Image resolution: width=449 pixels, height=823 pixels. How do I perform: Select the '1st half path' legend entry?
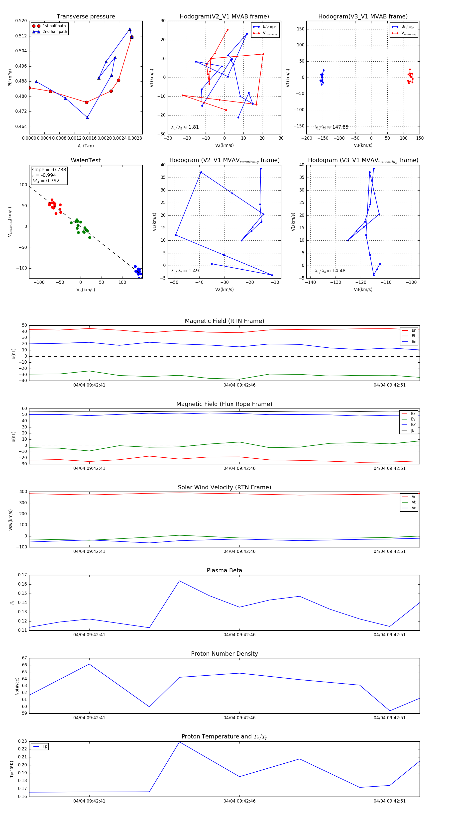(x=54, y=26)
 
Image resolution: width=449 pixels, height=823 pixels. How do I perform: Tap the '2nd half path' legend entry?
(x=54, y=32)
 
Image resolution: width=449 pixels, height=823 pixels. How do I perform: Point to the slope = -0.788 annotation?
(x=49, y=170)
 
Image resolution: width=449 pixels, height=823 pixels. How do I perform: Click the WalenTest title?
(x=86, y=160)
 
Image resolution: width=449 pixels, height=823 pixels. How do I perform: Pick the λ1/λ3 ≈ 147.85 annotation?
(x=332, y=127)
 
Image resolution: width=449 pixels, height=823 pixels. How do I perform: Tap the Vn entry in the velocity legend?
(x=414, y=508)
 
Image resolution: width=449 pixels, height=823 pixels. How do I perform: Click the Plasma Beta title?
(x=224, y=570)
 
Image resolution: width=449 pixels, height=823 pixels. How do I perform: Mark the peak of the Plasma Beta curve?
(x=179, y=581)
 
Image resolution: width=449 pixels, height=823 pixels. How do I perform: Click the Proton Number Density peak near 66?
(x=89, y=664)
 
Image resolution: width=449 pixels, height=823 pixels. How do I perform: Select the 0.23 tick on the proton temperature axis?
(x=22, y=741)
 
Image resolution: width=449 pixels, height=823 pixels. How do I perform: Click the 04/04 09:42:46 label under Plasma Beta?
(x=239, y=634)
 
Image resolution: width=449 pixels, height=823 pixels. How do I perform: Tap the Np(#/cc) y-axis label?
(x=17, y=686)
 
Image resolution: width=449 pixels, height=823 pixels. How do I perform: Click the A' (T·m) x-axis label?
(x=86, y=146)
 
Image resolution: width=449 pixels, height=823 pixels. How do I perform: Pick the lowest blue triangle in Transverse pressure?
(x=87, y=117)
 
